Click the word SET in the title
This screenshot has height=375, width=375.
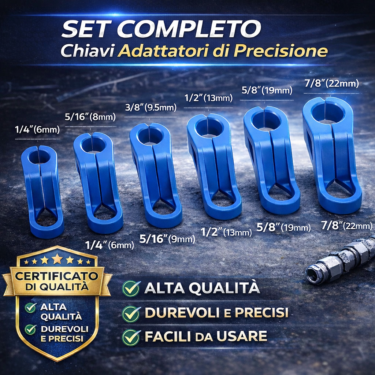86,29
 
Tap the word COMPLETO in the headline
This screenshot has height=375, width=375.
189,29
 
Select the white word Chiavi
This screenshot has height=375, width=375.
87,51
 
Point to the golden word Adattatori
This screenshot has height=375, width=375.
164,51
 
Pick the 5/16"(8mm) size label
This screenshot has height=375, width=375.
90,117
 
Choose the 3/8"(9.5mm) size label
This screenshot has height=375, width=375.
151,108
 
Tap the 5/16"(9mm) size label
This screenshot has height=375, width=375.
167,239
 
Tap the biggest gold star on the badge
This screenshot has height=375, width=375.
57,259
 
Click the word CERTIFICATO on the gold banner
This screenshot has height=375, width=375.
57,276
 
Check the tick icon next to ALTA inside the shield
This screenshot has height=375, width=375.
31,308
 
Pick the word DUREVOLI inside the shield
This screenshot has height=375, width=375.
64,329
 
